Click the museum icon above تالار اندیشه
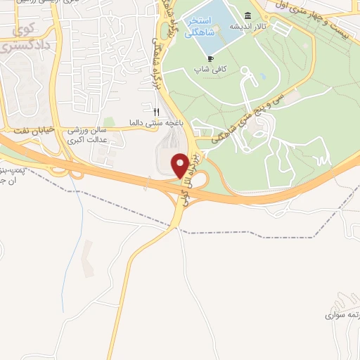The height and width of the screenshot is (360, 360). [247, 16]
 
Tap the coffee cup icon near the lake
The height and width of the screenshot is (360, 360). [210, 59]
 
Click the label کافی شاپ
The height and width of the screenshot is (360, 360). [210, 70]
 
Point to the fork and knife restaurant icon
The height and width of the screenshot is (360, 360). [157, 111]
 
